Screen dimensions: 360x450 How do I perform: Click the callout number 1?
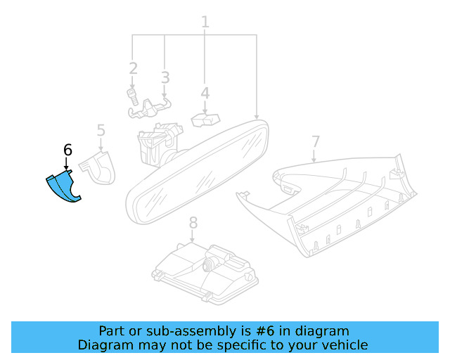click(x=205, y=22)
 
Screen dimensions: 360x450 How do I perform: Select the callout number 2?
click(x=133, y=68)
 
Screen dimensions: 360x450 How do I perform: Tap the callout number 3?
click(x=165, y=77)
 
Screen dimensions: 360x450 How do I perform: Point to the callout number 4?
click(x=205, y=94)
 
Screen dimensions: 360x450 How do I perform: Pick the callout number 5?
click(x=101, y=130)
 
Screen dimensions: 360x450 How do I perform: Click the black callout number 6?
click(x=67, y=150)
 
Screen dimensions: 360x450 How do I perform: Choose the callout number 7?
click(x=315, y=141)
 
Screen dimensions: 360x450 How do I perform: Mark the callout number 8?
click(x=193, y=223)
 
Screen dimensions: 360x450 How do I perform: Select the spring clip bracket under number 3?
click(x=151, y=107)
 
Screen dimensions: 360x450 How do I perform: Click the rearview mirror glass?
click(x=197, y=172)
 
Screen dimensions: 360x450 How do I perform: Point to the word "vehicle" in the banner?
click(x=344, y=345)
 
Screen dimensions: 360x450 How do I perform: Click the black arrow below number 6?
click(x=67, y=165)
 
